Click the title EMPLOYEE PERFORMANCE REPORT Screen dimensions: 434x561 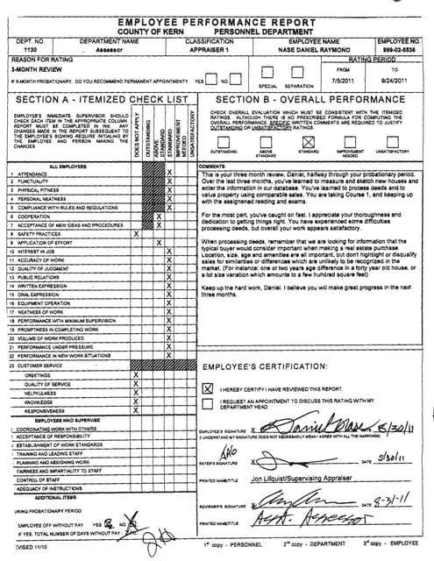point(216,20)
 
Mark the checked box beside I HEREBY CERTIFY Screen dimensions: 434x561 point(208,387)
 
